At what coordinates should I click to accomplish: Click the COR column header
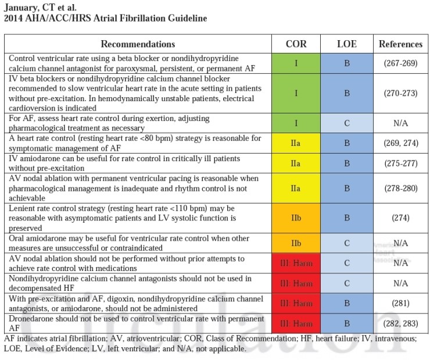[x=296, y=44]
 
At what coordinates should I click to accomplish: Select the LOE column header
[x=346, y=44]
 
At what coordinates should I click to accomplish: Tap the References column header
[x=400, y=44]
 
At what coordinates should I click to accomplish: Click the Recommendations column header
[x=138, y=44]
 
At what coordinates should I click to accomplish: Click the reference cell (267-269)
[x=400, y=63]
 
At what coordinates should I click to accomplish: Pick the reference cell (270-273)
[x=400, y=92]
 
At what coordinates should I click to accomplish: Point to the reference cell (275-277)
[x=400, y=163]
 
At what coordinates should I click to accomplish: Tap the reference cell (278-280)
[x=400, y=188]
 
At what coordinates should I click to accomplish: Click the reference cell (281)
[x=400, y=303]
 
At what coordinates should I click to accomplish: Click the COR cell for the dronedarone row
[x=296, y=323]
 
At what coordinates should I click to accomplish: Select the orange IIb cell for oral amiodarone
[x=296, y=243]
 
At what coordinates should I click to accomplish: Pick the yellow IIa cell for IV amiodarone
[x=296, y=163]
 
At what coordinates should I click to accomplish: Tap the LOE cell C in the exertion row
[x=346, y=123]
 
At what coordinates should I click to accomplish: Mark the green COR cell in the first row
[x=296, y=63]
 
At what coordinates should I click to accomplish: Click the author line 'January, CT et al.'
[x=41, y=7]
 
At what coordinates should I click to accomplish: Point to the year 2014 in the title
[x=13, y=18]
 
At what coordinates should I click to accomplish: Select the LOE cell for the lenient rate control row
[x=346, y=218]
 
